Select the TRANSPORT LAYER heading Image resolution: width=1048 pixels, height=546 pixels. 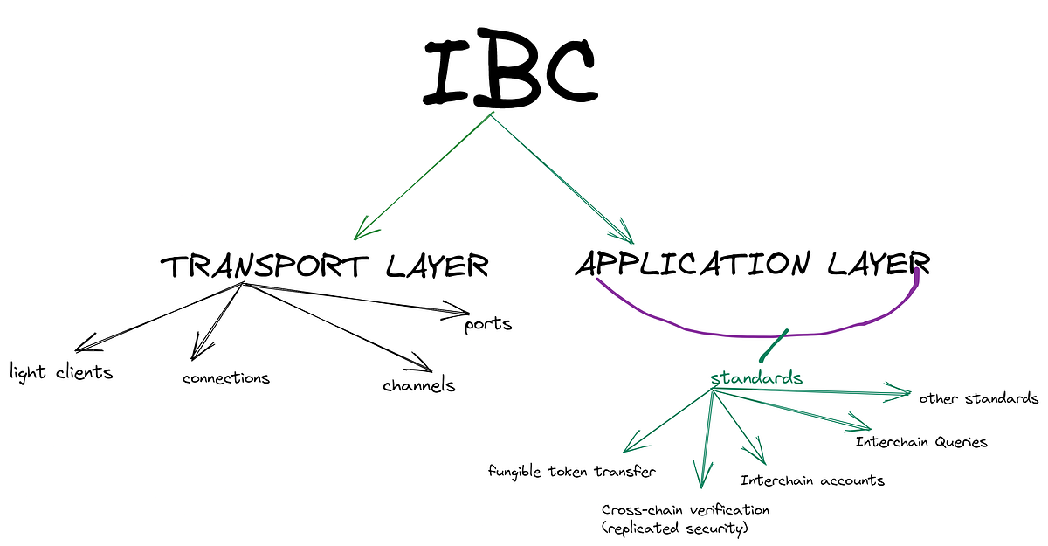(x=324, y=266)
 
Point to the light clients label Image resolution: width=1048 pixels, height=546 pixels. (x=61, y=372)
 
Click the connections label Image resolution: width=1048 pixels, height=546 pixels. (x=226, y=378)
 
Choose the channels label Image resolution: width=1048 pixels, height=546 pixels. (x=418, y=384)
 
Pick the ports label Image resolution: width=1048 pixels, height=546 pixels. (x=487, y=324)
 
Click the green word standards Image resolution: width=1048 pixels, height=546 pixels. (x=755, y=378)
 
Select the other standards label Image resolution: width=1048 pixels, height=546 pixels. (x=978, y=398)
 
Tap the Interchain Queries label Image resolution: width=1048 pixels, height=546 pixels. (x=921, y=441)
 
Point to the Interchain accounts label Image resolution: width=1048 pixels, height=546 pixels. (x=812, y=480)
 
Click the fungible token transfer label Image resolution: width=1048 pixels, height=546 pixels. (x=572, y=472)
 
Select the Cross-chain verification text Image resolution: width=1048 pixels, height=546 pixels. (x=686, y=509)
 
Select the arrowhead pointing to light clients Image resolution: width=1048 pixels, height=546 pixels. (x=85, y=343)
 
